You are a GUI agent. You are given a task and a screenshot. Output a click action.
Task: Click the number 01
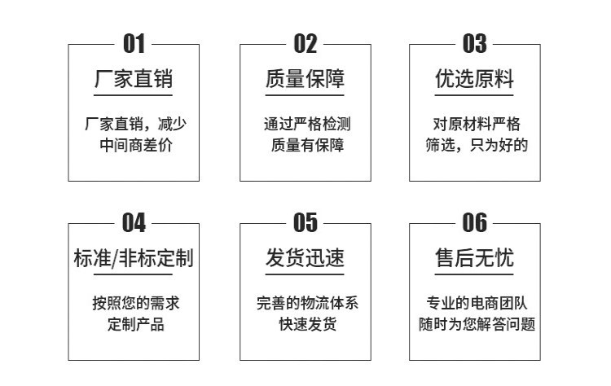[134, 44]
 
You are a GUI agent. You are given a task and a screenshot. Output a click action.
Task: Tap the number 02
[305, 44]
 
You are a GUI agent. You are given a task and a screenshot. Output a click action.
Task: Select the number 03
[475, 44]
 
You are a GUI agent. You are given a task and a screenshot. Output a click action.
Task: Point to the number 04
[134, 222]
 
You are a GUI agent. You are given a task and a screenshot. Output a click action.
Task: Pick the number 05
[305, 222]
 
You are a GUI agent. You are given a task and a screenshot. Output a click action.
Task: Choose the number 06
[475, 222]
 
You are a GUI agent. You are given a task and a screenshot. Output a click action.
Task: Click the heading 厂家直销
[134, 80]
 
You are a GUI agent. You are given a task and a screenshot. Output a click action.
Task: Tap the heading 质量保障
[305, 80]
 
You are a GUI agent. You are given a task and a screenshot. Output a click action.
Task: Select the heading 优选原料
[475, 80]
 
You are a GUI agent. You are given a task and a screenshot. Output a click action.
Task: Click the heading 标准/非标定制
[134, 259]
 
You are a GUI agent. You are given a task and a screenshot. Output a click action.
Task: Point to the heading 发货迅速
[305, 259]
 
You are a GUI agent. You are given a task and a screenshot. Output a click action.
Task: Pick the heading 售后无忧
[475, 259]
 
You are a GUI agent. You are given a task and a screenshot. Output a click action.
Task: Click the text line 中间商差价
[134, 147]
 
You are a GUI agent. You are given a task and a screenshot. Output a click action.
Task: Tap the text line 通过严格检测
[306, 125]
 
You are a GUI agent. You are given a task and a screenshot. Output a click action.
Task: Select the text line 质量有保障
[306, 147]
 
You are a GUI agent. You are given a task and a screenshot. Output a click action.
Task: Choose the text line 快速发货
[306, 325]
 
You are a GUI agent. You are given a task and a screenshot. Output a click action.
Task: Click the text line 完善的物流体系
[306, 304]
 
